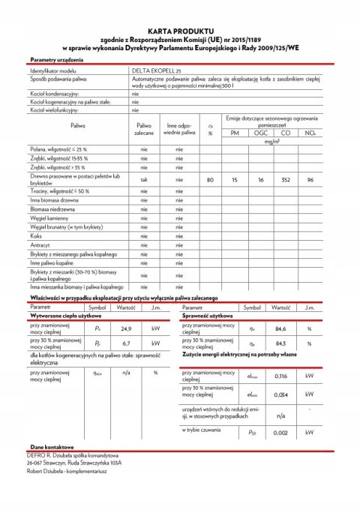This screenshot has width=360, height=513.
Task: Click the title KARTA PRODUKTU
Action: pyautogui.click(x=180, y=23)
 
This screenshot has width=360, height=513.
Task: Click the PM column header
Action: pyautogui.click(x=235, y=133)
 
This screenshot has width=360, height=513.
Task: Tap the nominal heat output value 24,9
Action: pyautogui.click(x=126, y=328)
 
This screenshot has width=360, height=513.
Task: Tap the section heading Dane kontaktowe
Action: pyautogui.click(x=48, y=466)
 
